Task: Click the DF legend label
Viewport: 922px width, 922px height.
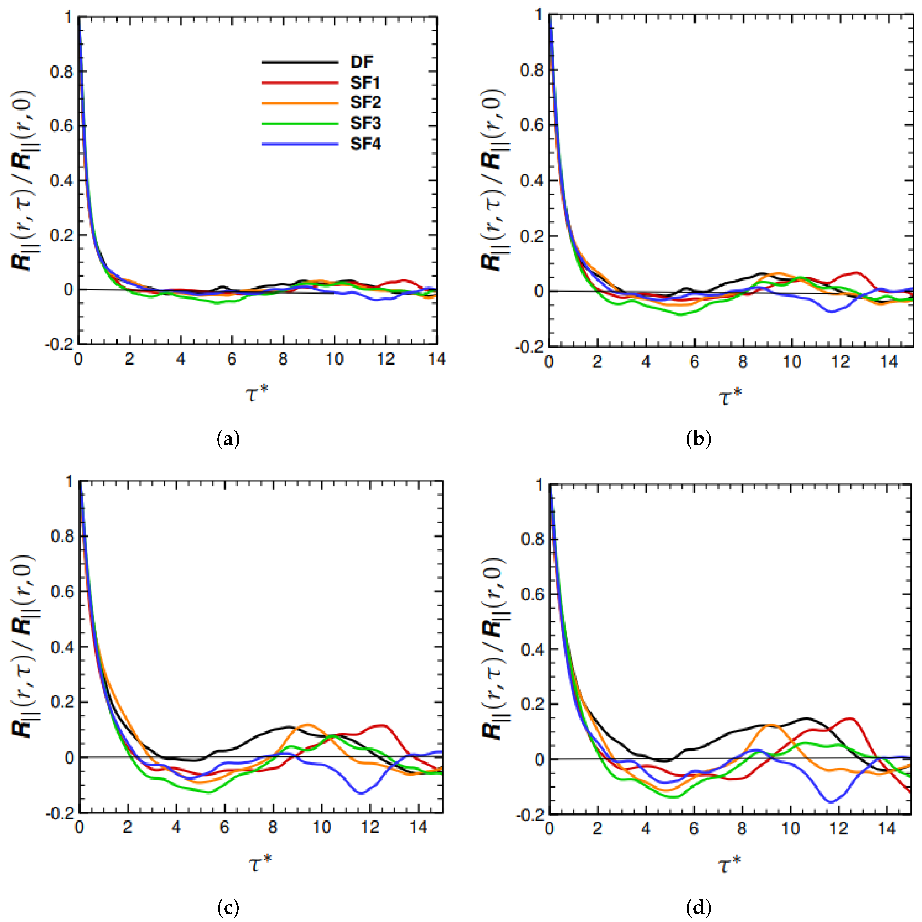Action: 362,62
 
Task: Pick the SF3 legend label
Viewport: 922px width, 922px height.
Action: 365,123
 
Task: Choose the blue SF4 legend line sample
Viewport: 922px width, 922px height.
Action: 300,144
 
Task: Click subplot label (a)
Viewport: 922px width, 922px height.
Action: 228,438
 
